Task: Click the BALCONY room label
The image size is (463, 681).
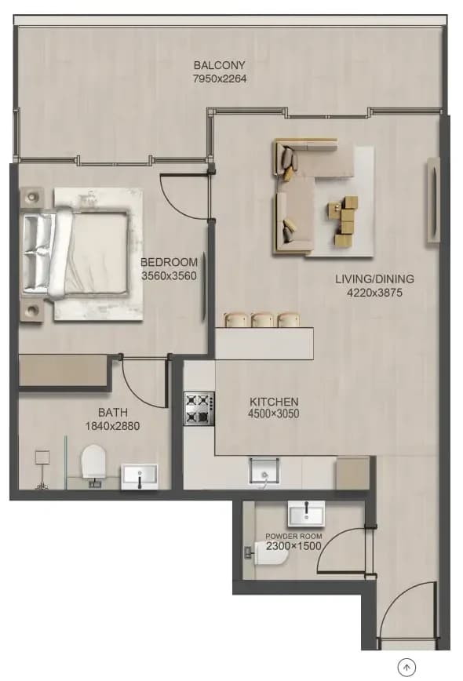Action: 220,65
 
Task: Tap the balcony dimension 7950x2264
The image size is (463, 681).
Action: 220,78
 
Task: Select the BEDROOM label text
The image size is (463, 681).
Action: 169,262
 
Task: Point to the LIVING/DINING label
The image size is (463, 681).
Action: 374,279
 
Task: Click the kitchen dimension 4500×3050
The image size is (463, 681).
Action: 274,414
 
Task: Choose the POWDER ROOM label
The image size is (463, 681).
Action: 293,537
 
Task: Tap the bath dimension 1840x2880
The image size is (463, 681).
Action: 112,426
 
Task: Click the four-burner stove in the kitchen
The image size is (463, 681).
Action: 199,409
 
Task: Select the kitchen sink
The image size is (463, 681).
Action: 264,472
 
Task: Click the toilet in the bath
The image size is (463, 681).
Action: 93,464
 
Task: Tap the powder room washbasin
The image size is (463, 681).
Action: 306,513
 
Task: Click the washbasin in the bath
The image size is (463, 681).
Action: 140,477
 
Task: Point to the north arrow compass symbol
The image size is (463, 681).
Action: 407,666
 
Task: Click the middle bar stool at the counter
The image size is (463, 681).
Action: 262,319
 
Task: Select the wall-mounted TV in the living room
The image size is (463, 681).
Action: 433,200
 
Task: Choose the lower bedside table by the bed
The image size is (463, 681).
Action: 31,311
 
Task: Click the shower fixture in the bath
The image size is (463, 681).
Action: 42,470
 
